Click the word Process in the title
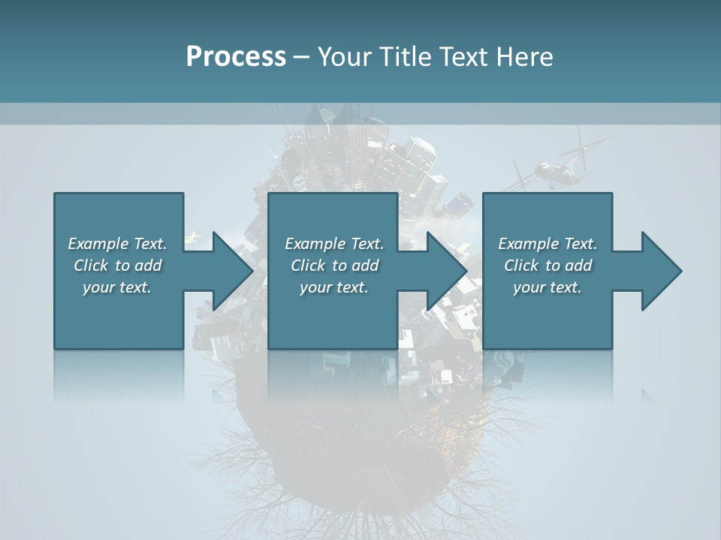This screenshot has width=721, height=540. point(236,56)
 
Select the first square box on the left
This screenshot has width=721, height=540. point(119,315)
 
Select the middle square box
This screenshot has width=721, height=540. point(333,315)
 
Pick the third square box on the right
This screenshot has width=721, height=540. point(548,315)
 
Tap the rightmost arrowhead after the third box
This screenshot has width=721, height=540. point(660,271)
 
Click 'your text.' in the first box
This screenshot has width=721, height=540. point(117,287)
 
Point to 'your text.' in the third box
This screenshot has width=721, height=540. point(548,287)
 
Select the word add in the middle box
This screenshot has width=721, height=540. point(365,265)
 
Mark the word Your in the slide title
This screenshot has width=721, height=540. point(342,56)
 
